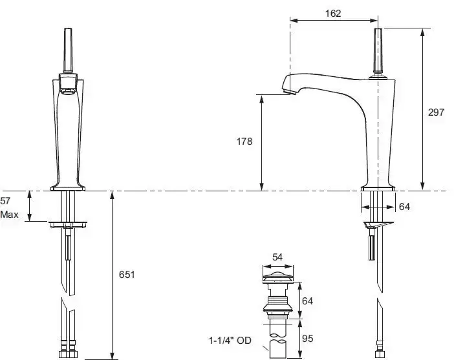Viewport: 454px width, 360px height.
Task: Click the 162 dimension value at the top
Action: click(333, 14)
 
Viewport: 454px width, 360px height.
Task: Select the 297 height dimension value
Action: click(436, 112)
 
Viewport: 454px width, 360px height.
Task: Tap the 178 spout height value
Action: click(244, 142)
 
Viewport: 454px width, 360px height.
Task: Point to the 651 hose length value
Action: click(127, 274)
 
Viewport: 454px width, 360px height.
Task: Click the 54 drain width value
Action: click(277, 257)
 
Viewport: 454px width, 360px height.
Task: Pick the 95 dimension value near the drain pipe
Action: click(307, 338)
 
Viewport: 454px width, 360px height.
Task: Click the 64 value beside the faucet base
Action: click(404, 207)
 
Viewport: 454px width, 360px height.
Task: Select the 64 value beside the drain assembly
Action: click(307, 301)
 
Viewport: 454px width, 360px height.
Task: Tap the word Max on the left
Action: click(9, 215)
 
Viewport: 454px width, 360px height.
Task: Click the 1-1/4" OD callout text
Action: click(230, 341)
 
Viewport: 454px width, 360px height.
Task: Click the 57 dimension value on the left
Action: click(5, 201)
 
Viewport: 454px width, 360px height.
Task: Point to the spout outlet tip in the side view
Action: click(290, 92)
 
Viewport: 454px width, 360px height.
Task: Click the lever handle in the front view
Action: click(68, 50)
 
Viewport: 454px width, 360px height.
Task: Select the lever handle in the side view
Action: click(378, 50)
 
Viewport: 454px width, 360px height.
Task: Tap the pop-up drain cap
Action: click(278, 277)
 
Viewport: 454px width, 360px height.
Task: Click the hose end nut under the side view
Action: click(379, 354)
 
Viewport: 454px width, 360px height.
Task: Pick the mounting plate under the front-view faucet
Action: click(68, 224)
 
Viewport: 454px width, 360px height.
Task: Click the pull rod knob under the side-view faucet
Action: click(372, 248)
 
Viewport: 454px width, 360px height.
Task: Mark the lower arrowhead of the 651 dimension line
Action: click(113, 355)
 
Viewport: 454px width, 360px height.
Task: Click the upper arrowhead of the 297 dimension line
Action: click(423, 33)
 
